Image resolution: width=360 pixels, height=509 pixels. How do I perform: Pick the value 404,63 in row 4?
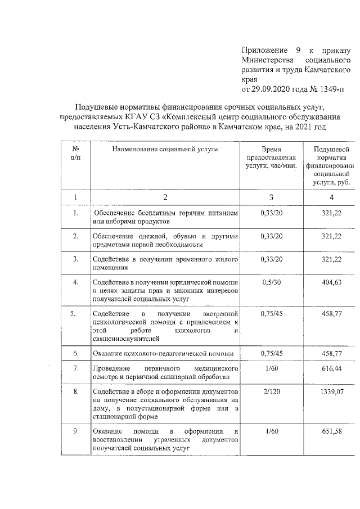[331, 282]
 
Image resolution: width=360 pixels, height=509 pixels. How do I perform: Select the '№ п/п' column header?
[76, 154]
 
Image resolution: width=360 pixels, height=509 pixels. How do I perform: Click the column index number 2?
[165, 197]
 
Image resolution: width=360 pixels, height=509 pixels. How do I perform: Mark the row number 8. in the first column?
[76, 390]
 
